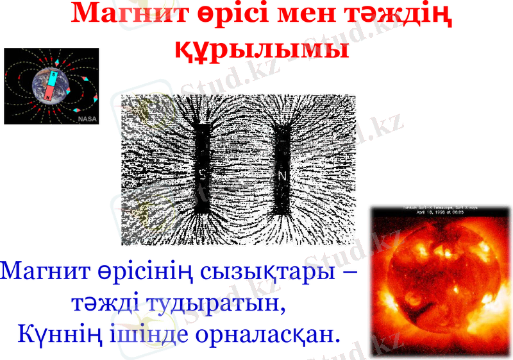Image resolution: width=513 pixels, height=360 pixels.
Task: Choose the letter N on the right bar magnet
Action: coord(282,174)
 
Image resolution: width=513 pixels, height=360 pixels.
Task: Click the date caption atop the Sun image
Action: coord(440,211)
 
